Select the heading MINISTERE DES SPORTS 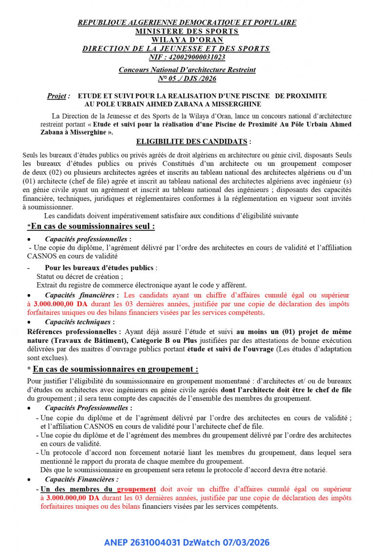click(x=187, y=31)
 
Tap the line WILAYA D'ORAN click(x=187, y=40)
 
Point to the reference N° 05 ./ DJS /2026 click(x=187, y=79)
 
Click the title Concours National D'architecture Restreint click(x=187, y=70)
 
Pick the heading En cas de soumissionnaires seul click(x=93, y=226)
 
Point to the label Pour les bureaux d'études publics click(x=99, y=268)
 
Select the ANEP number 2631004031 click(x=156, y=543)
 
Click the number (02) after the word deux click(x=43, y=173)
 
